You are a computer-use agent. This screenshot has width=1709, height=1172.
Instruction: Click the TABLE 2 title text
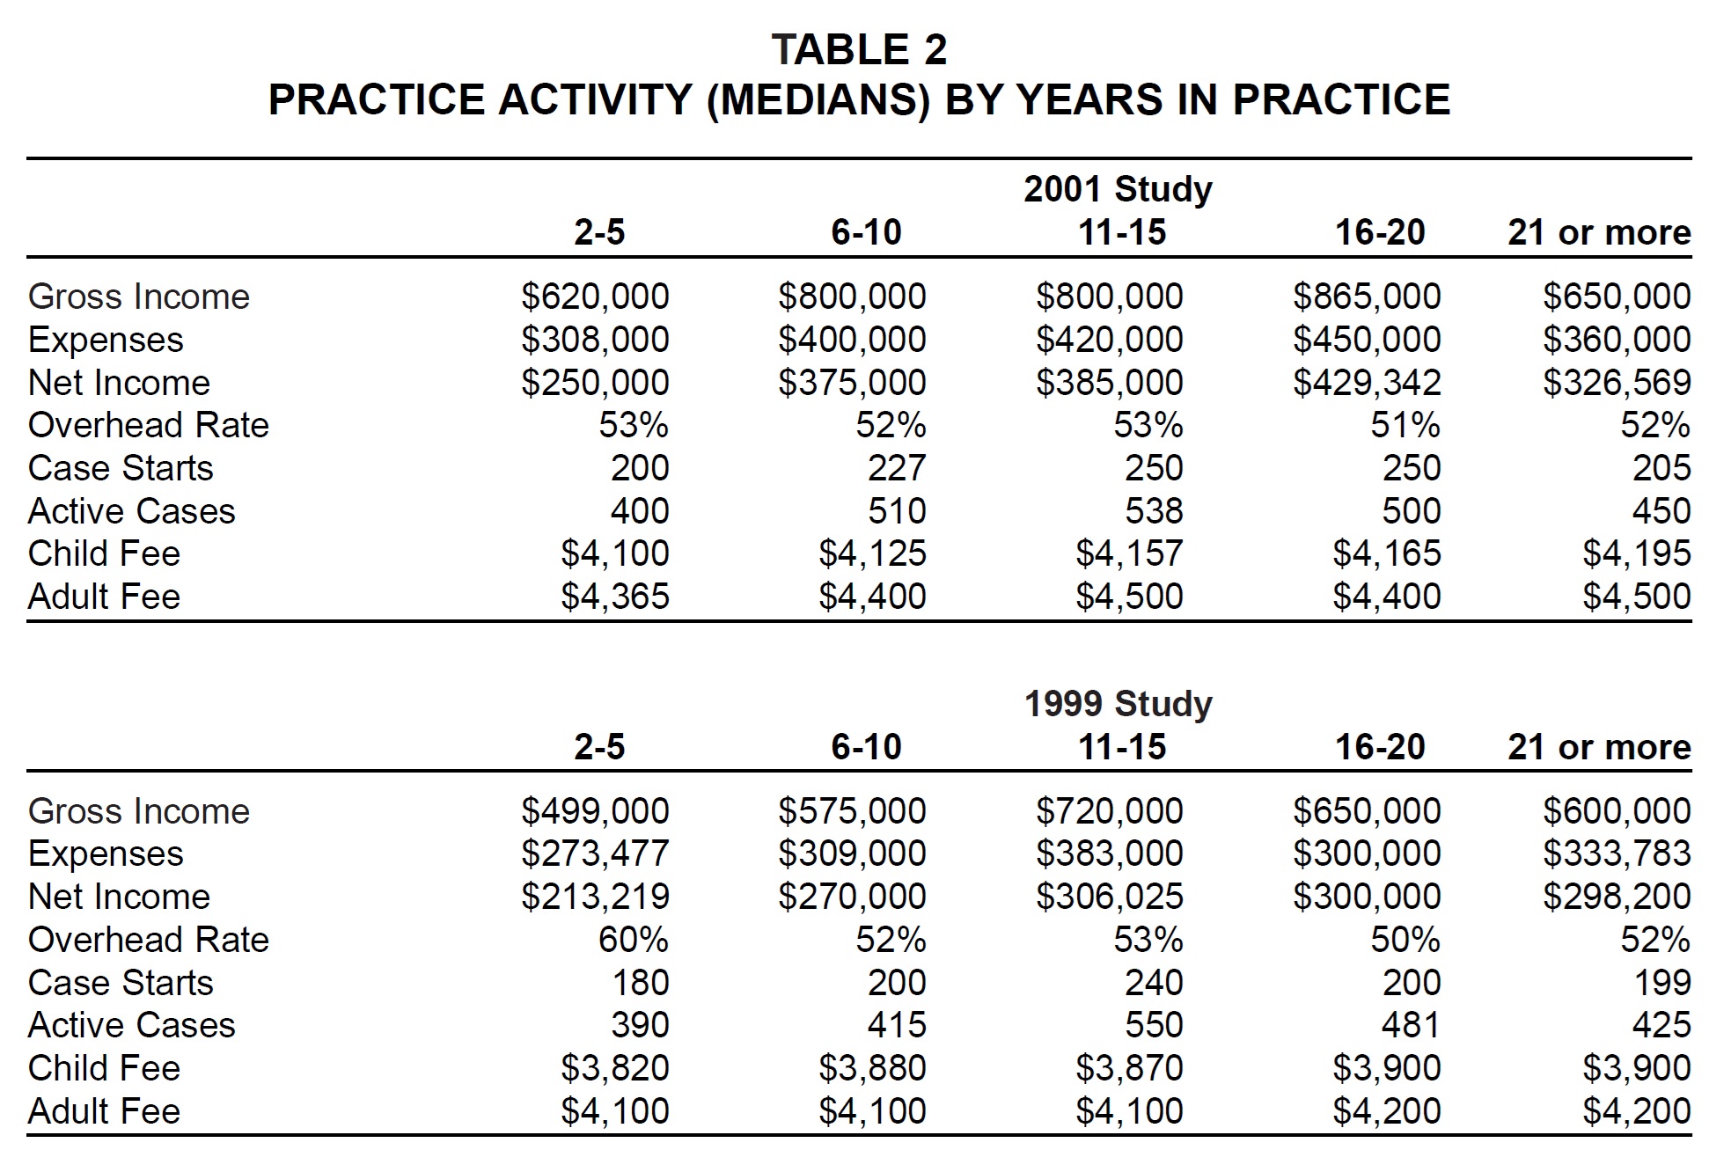[x=859, y=49]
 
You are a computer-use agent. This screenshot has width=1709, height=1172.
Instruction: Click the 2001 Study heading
[x=1118, y=189]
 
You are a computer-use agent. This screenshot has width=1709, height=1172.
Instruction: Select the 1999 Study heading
[x=1118, y=704]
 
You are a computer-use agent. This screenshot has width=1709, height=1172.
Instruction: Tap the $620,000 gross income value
[x=595, y=297]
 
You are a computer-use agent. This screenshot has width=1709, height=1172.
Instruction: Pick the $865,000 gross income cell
[x=1367, y=297]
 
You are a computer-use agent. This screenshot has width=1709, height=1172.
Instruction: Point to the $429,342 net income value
[x=1367, y=383]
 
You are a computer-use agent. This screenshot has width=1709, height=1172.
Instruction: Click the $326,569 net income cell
[x=1617, y=383]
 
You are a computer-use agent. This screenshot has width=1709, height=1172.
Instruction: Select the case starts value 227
[x=897, y=468]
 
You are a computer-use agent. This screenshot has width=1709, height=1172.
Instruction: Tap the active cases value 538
[x=1154, y=511]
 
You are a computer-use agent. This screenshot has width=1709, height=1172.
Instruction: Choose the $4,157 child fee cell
[x=1129, y=554]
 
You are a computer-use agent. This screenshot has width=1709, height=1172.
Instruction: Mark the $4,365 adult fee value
[x=615, y=597]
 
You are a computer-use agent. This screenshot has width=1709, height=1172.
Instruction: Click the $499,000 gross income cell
[x=595, y=811]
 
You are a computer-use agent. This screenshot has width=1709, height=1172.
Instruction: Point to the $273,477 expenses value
[x=595, y=853]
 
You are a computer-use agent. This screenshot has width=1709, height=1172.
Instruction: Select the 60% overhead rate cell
[x=634, y=940]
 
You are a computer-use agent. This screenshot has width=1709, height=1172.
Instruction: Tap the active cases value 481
[x=1412, y=1025]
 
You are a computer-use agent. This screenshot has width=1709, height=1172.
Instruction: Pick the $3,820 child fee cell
[x=615, y=1068]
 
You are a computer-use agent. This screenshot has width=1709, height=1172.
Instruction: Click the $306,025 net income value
[x=1110, y=897]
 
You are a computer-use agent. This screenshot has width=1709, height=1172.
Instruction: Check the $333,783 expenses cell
[x=1617, y=853]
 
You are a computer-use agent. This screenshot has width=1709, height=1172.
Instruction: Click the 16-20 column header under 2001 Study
[x=1380, y=232]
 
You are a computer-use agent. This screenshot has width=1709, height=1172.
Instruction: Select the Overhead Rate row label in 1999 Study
[x=148, y=940]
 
